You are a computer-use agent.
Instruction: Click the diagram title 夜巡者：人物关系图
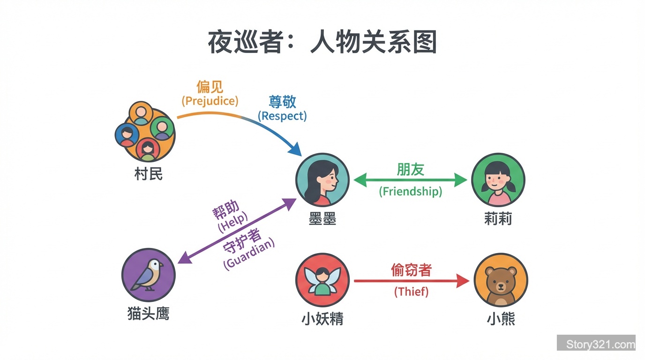322,42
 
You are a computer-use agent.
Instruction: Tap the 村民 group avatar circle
145,132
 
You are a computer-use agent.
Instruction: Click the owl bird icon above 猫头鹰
148,275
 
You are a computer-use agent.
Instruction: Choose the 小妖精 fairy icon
322,280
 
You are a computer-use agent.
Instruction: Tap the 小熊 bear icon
501,280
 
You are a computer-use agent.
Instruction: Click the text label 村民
148,174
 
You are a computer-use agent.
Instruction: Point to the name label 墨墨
322,219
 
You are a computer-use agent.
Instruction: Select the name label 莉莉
498,218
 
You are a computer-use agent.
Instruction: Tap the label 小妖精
322,319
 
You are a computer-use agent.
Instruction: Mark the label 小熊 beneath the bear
501,319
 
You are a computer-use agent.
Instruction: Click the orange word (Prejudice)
210,101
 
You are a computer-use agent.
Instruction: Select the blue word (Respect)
283,116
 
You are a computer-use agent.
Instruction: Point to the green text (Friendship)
411,191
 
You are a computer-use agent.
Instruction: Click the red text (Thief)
411,292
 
